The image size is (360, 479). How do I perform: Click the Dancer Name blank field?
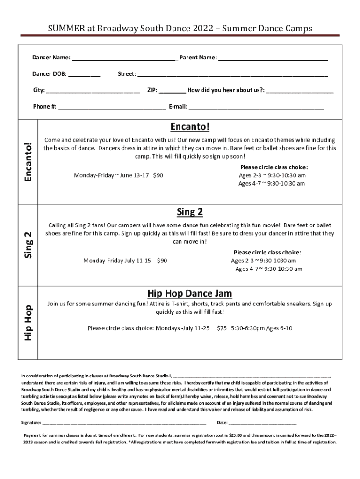tap(124, 58)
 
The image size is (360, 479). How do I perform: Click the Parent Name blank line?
tap(273, 58)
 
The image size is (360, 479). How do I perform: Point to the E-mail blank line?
tap(256, 107)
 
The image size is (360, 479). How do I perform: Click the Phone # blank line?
tap(112, 107)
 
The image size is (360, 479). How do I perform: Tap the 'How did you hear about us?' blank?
tap(300, 91)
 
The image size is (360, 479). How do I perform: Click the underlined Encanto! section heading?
tap(190, 127)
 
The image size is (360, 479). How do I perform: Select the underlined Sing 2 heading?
tap(190, 212)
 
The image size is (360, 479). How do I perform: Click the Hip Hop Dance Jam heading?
tap(190, 293)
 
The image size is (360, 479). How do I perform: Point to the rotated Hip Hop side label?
tap(29, 323)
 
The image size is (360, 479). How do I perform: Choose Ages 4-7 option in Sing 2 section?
tap(268, 269)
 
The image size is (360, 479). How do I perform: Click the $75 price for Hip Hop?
tap(222, 328)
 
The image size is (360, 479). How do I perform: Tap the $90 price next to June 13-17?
tap(158, 175)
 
